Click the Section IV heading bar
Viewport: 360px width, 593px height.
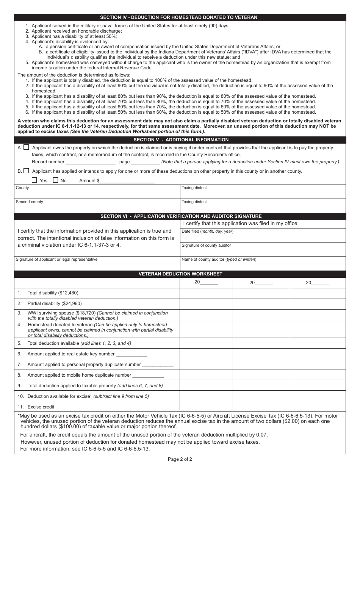coord(180,17)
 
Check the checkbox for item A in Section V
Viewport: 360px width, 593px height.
coord(26,147)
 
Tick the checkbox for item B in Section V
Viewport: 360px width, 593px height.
coord(26,171)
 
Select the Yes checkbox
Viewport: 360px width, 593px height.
coord(34,180)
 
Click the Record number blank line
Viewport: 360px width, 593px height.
coord(90,162)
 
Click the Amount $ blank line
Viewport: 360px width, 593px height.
coord(127,181)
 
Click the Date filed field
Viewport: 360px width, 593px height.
coord(263,235)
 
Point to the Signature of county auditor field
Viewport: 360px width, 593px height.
coord(263,249)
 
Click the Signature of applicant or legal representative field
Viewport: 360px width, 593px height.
coord(97,263)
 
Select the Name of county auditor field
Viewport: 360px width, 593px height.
coord(263,263)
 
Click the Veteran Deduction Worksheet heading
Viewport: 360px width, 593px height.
coord(180,274)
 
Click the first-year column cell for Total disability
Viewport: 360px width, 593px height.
coord(206,293)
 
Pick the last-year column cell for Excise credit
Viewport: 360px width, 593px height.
coord(318,407)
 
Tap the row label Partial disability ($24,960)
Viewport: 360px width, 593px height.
coord(55,304)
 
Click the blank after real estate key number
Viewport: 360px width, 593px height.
coord(131,354)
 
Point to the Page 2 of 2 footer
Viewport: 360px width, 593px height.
coord(180,459)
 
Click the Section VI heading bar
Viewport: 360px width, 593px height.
coord(180,216)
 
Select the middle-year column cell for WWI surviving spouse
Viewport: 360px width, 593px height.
coord(261,315)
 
